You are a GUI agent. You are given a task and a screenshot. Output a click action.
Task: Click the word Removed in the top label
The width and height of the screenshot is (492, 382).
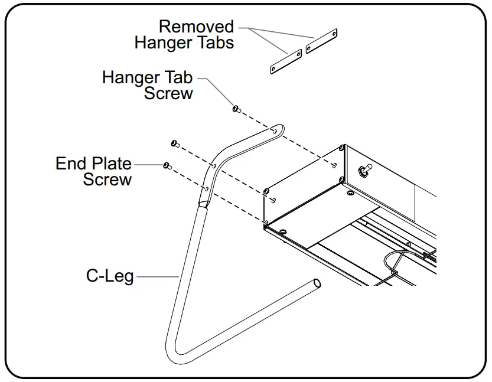(x=196, y=27)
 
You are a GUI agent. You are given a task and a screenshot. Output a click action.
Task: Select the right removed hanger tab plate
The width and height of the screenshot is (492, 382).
(x=321, y=41)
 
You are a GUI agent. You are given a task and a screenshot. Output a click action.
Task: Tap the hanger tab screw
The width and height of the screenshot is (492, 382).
(x=235, y=108)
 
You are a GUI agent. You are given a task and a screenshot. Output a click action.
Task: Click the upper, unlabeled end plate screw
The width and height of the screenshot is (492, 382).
(x=174, y=143)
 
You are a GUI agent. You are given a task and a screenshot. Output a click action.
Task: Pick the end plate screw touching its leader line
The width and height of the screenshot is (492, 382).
(x=167, y=165)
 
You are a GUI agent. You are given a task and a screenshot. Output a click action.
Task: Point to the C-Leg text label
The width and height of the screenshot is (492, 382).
(x=110, y=276)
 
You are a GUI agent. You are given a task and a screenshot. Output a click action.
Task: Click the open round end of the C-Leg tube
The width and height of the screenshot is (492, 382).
(x=317, y=283)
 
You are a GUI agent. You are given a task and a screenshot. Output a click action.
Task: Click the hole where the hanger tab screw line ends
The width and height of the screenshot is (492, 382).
(x=334, y=165)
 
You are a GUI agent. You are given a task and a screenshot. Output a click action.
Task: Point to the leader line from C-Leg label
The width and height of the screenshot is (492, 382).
(x=157, y=276)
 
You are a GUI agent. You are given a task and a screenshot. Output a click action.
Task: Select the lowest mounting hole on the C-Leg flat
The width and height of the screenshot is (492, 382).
(x=206, y=188)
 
